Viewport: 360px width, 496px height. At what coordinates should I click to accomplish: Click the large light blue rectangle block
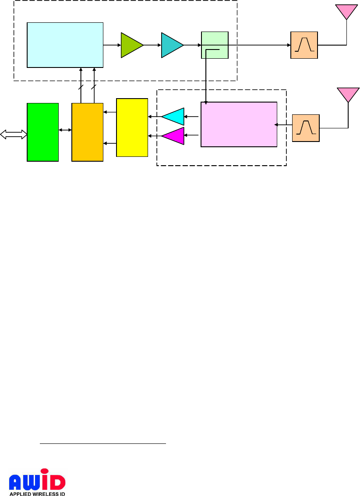click(x=65, y=45)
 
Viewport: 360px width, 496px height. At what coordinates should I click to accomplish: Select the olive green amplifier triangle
click(x=131, y=45)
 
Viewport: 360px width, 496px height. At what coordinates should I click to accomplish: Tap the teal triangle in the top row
click(x=171, y=45)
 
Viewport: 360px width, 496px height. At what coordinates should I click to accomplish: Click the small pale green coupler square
click(x=215, y=45)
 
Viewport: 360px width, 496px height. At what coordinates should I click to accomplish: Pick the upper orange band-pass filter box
click(x=304, y=45)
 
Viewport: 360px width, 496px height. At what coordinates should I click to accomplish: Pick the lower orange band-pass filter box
click(x=306, y=128)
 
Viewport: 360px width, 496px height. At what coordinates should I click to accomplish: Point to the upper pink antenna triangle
click(x=346, y=11)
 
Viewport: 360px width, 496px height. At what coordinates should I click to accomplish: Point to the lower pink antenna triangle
click(x=348, y=94)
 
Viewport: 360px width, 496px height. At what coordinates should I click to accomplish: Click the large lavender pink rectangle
click(x=239, y=124)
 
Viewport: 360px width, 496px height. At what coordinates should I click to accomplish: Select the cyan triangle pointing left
click(x=174, y=117)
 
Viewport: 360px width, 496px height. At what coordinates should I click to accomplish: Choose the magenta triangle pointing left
click(x=174, y=136)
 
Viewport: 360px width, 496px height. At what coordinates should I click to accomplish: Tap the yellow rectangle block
click(x=132, y=127)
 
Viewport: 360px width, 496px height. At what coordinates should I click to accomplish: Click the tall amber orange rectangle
click(x=87, y=132)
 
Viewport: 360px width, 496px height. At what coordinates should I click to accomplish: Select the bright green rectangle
click(x=42, y=132)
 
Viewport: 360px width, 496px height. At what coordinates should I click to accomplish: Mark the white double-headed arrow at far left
click(x=13, y=135)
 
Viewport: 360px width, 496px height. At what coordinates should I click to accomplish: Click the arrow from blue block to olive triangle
click(x=112, y=45)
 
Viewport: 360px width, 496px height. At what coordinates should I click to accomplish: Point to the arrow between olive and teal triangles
click(x=152, y=45)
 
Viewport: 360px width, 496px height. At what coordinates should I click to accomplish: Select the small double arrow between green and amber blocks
click(x=65, y=130)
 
